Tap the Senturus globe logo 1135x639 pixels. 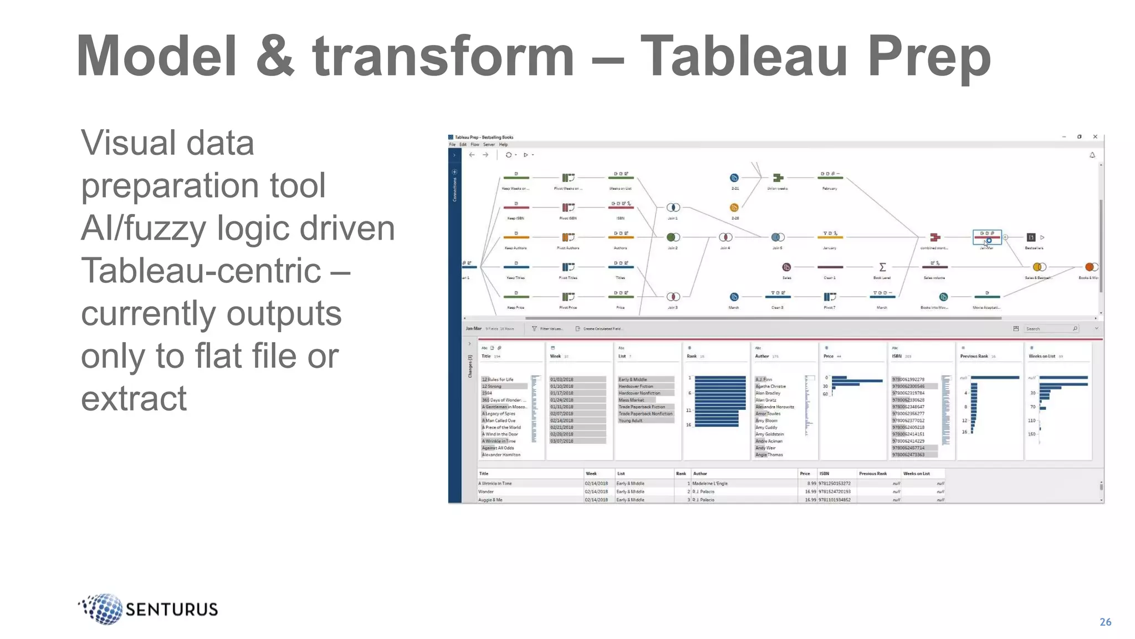103,608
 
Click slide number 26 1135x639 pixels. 1105,622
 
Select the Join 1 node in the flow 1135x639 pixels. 673,207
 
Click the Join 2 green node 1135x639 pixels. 673,237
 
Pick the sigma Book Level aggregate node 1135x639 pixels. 882,267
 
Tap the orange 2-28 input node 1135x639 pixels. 734,207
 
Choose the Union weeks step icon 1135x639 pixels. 778,177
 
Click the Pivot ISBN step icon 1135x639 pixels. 568,207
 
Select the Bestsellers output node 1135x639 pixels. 1031,237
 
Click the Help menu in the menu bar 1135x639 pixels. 503,145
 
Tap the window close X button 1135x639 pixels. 1095,136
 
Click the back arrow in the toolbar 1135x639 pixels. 472,155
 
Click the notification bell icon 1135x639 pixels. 1092,155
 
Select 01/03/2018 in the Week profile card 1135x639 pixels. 562,379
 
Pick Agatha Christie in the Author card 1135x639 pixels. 770,386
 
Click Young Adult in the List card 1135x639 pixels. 631,420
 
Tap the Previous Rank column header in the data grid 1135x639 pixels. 873,474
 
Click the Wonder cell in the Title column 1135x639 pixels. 486,491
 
